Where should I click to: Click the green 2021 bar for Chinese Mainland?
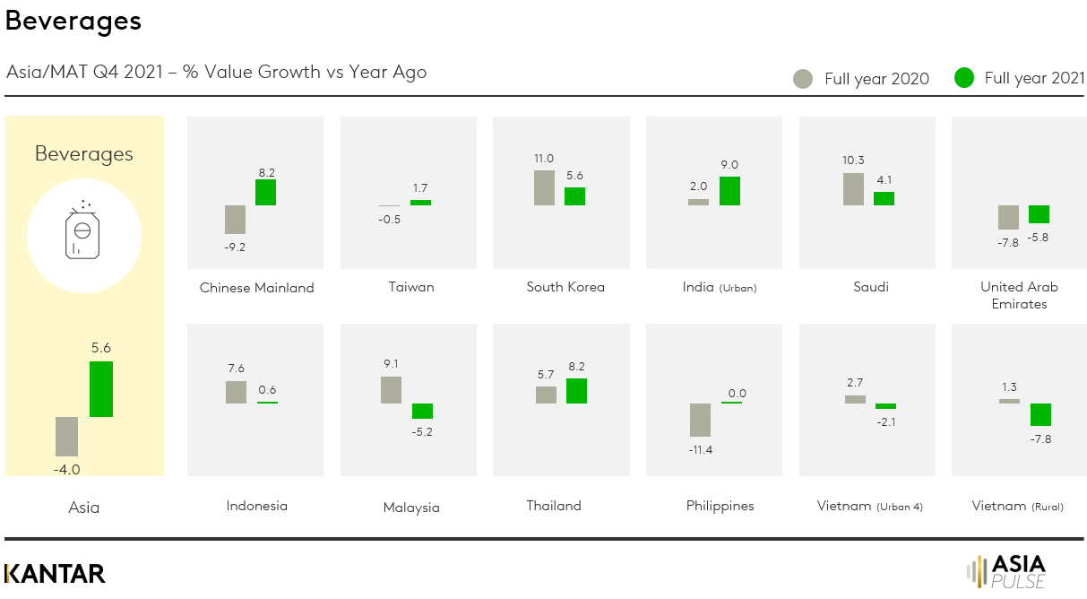point(265,192)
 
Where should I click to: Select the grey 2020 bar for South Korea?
point(544,187)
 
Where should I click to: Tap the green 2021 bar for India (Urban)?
point(729,191)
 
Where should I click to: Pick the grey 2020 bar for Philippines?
point(700,420)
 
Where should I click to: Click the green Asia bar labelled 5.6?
point(101,389)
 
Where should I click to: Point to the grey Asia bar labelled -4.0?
point(66,437)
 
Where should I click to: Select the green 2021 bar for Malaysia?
point(422,411)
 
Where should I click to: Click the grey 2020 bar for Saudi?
point(853,189)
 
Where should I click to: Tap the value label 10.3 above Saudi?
point(853,161)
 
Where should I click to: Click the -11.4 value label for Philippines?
point(700,449)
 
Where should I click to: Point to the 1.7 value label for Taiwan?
point(420,188)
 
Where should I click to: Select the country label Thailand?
point(554,506)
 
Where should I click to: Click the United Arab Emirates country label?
point(1019,295)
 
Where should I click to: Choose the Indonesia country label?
point(256,506)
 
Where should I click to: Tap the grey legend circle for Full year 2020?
point(803,78)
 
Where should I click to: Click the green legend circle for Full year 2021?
point(963,78)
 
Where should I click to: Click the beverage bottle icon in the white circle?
point(83,234)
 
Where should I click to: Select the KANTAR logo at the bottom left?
point(55,573)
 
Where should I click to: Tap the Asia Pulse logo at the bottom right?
point(1007,571)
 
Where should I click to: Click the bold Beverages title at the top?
point(73,21)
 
